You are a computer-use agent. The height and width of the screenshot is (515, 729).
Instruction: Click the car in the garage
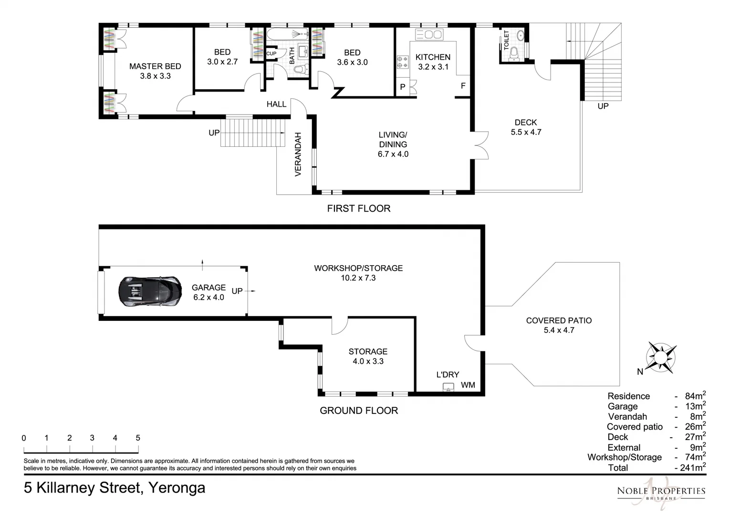pyautogui.click(x=150, y=291)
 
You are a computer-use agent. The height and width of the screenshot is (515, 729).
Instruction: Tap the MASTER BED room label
pyautogui.click(x=155, y=66)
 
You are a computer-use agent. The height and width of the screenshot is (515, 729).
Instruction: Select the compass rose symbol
pyautogui.click(x=661, y=357)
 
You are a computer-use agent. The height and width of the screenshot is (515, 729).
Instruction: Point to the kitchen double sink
pyautogui.click(x=429, y=34)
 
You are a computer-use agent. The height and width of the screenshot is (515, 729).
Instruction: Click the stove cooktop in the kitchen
pyautogui.click(x=402, y=61)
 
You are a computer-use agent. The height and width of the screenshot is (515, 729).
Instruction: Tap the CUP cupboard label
pyautogui.click(x=271, y=53)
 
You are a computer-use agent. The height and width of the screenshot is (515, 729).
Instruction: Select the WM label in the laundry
pyautogui.click(x=468, y=385)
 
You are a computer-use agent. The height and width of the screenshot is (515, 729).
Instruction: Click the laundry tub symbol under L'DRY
pyautogui.click(x=448, y=387)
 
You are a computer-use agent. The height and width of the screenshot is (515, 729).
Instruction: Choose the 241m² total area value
pyautogui.click(x=690, y=468)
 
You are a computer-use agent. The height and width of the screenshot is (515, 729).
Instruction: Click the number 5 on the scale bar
pyautogui.click(x=138, y=438)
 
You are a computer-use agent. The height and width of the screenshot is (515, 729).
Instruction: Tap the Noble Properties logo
pyautogui.click(x=661, y=491)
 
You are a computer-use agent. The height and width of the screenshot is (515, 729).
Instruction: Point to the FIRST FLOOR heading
pyautogui.click(x=358, y=208)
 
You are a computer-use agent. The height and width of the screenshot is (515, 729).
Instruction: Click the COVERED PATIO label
pyautogui.click(x=559, y=320)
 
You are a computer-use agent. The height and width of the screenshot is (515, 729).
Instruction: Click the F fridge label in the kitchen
pyautogui.click(x=462, y=86)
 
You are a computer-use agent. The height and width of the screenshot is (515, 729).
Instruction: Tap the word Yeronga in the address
pyautogui.click(x=177, y=488)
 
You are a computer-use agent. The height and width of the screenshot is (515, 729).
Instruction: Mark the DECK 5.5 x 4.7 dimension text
pyautogui.click(x=526, y=132)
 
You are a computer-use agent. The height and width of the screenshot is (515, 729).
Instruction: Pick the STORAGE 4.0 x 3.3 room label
pyautogui.click(x=368, y=356)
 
